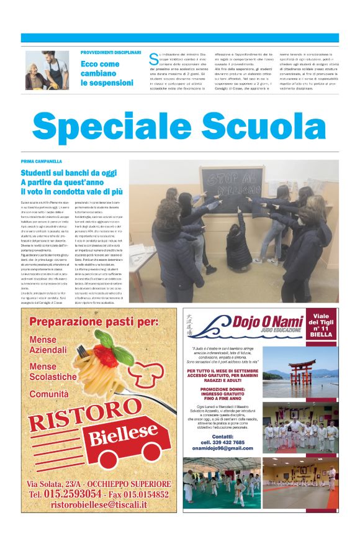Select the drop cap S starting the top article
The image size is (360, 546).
point(153,59)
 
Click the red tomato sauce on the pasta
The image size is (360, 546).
point(104,355)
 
